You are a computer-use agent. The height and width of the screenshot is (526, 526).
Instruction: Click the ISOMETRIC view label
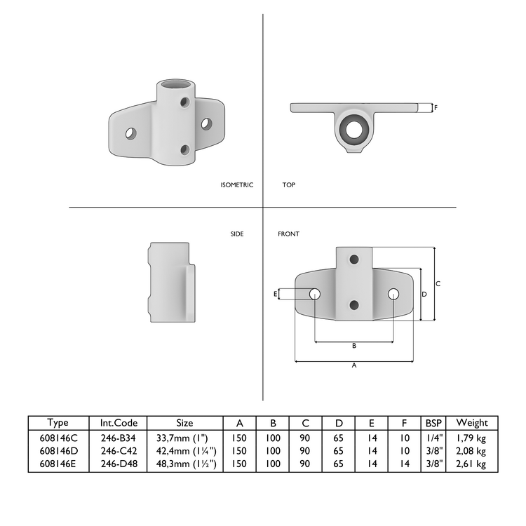tap(236, 185)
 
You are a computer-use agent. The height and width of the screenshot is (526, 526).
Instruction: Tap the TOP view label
tap(288, 185)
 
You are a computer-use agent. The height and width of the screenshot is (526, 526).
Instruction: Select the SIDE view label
tap(237, 234)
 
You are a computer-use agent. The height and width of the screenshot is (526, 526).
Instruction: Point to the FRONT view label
tap(288, 234)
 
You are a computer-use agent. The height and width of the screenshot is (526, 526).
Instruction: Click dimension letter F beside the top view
tap(436, 108)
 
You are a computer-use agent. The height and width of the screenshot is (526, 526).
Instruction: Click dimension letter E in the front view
tap(275, 295)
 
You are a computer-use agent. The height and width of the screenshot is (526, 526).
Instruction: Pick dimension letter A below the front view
tap(353, 365)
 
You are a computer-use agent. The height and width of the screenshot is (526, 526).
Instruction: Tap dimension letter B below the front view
tap(353, 346)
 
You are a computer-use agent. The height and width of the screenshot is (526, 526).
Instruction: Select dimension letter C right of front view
tap(438, 283)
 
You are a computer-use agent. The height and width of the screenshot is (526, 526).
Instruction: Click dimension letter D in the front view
tap(424, 295)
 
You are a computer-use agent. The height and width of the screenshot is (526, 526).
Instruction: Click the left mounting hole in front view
tap(314, 294)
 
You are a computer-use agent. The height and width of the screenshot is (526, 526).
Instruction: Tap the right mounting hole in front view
tap(393, 294)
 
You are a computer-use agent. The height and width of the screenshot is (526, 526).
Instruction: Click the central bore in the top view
tap(354, 127)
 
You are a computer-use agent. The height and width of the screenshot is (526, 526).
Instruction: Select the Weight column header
tap(471, 422)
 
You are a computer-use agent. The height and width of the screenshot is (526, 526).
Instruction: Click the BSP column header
tap(433, 422)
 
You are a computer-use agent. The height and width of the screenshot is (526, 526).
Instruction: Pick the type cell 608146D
tap(58, 450)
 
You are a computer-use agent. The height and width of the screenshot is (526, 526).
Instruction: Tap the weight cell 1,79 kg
tap(471, 437)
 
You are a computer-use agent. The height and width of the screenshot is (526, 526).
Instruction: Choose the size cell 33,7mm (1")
tap(184, 437)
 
